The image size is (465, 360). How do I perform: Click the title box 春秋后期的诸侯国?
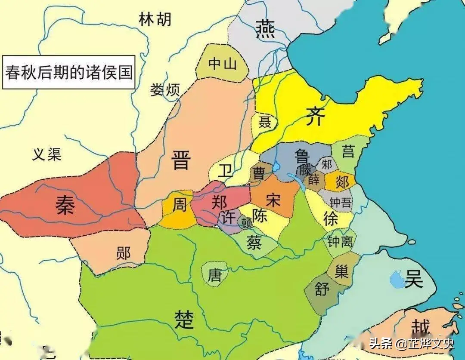68,71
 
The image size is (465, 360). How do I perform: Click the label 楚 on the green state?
184,319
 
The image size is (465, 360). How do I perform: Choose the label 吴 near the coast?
413,280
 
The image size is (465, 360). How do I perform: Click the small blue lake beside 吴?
396,281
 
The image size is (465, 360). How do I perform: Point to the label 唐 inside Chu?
214,275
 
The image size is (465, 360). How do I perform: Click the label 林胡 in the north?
155,19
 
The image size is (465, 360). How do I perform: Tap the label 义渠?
46,154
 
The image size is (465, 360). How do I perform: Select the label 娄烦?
164,90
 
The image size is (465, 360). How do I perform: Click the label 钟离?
340,241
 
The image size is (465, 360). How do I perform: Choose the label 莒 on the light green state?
347,151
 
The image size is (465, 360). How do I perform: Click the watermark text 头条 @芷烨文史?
411,344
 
